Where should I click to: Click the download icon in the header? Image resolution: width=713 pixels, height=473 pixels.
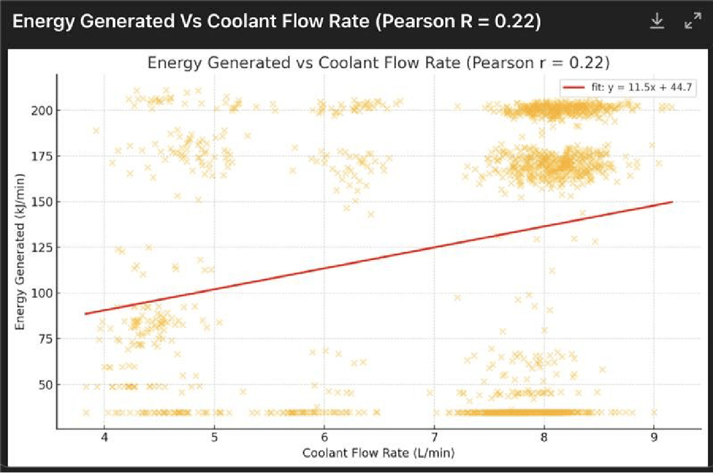coord(657,21)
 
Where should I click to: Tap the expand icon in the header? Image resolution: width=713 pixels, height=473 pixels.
coord(692,21)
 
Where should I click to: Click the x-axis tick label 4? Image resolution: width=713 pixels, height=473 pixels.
coord(104,439)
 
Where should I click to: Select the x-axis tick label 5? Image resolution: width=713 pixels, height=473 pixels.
coord(214,439)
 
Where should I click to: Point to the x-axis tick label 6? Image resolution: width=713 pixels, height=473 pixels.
coord(324,439)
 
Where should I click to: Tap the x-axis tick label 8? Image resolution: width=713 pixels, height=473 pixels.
coord(544,439)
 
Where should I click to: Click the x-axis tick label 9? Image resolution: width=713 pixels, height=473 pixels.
coord(654,439)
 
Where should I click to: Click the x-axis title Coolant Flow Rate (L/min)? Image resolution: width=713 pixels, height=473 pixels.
coord(379,454)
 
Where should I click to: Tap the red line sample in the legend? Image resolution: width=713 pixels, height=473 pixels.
coord(574,87)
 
